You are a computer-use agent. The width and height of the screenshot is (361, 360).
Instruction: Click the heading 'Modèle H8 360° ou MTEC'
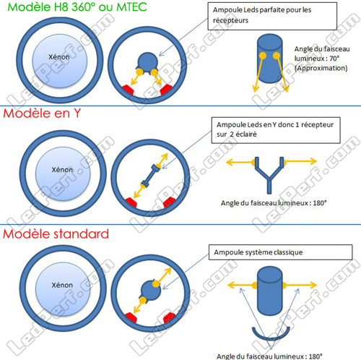(77, 7)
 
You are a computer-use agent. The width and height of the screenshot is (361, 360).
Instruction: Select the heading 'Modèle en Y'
(42, 113)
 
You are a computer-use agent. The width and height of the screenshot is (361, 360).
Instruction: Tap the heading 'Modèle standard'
(56, 233)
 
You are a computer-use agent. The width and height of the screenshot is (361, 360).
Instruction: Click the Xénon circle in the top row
(60, 61)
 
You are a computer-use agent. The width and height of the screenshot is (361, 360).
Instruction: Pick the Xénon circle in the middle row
(63, 173)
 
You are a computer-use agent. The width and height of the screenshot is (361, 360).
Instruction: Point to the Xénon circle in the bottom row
(63, 289)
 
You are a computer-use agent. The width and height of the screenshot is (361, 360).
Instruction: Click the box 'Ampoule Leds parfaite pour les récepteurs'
(272, 16)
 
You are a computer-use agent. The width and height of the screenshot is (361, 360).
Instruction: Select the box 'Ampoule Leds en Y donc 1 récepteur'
(276, 130)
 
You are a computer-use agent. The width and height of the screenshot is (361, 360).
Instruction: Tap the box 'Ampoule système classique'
(280, 252)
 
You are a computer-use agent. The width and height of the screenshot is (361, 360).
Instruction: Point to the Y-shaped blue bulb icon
(269, 175)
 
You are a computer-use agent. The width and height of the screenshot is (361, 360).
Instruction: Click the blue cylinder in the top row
(269, 59)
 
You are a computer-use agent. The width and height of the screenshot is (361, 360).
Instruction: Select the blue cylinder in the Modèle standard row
(269, 291)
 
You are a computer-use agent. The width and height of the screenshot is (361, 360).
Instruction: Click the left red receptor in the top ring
(128, 90)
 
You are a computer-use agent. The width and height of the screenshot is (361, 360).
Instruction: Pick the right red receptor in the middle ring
(169, 202)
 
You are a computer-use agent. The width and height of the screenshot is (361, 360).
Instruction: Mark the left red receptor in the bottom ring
(131, 317)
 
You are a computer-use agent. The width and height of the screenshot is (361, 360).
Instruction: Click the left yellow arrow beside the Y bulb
(240, 162)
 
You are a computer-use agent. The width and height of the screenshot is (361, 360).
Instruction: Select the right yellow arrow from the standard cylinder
(300, 286)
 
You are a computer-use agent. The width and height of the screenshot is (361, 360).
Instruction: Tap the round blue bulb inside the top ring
(147, 62)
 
